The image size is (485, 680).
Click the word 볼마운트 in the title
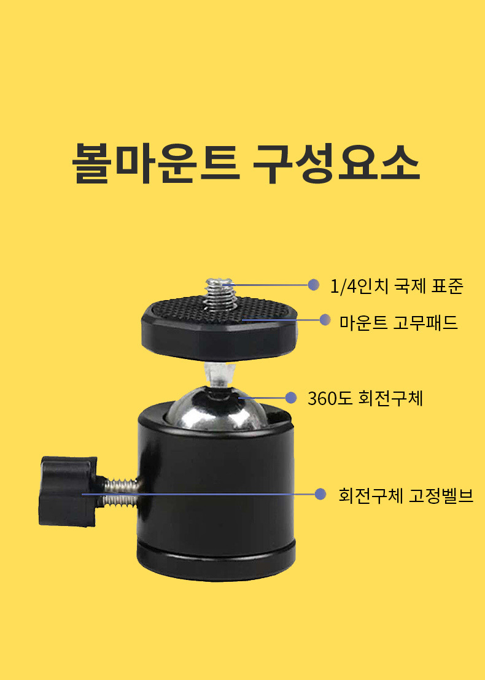[x=156, y=163]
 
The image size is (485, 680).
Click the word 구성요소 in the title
[x=336, y=163]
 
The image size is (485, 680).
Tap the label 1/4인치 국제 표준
[x=397, y=286]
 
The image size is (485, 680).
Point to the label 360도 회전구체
[x=365, y=398]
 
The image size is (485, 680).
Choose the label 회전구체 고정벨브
[x=406, y=495]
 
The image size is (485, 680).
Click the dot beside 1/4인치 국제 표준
[x=314, y=285]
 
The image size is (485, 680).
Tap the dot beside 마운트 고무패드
[x=325, y=320]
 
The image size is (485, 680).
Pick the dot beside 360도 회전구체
[x=290, y=398]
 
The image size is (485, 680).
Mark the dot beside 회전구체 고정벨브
[x=320, y=494]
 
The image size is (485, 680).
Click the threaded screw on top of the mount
[x=219, y=294]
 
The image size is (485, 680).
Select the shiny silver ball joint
[x=215, y=410]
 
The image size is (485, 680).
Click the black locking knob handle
[x=69, y=492]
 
